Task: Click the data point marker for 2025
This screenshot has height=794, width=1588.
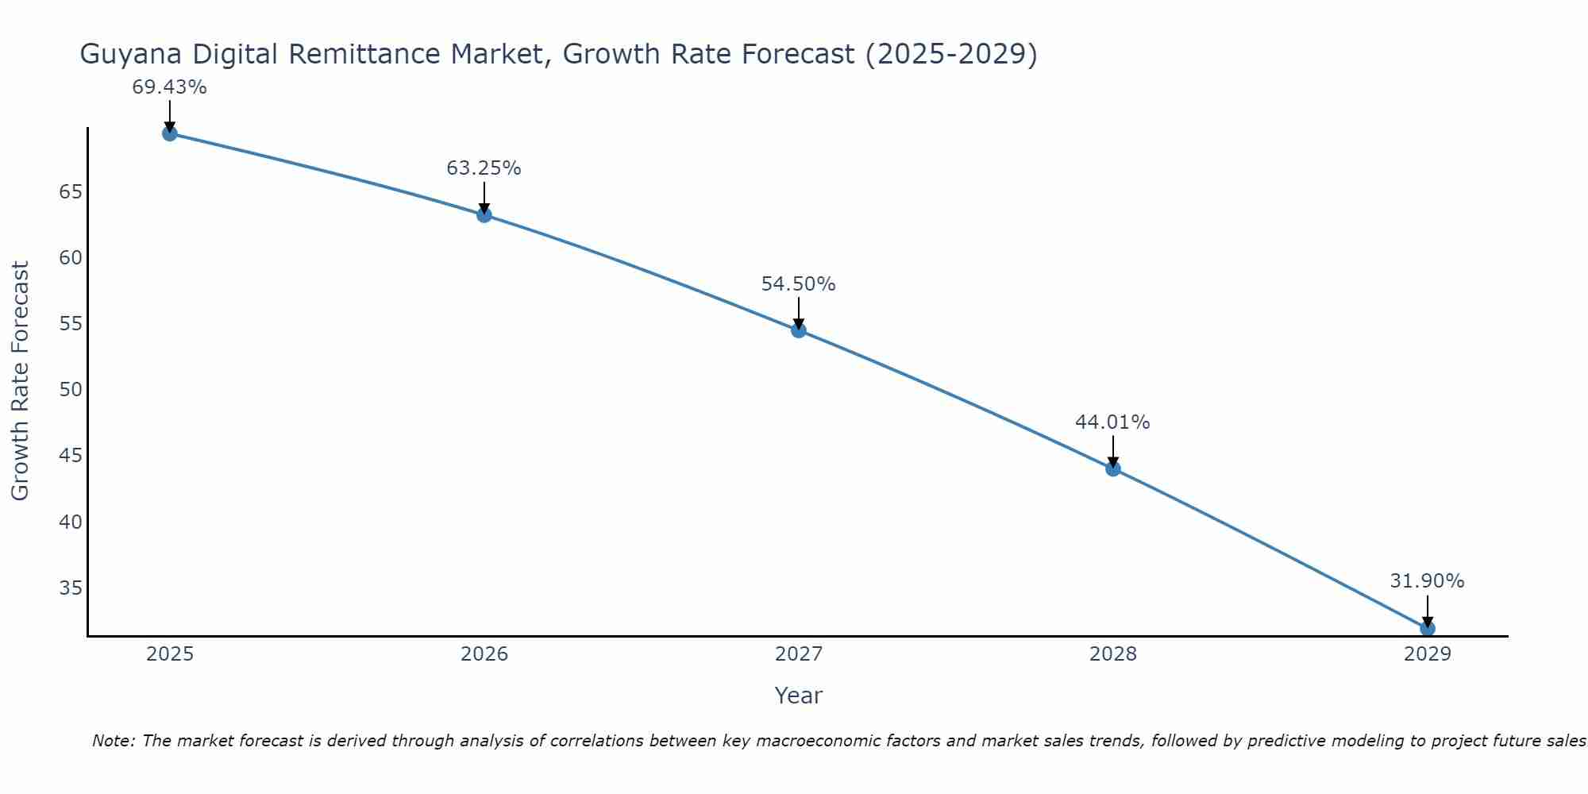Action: tap(169, 133)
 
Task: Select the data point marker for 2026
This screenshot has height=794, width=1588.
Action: tap(484, 214)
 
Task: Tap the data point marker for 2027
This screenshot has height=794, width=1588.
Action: tap(799, 330)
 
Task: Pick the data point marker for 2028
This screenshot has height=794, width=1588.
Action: tap(1113, 468)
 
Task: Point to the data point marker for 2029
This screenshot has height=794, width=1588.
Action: tap(1427, 628)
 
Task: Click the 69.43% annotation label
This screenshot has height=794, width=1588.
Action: tap(169, 87)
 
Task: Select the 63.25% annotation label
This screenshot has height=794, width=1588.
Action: tap(484, 168)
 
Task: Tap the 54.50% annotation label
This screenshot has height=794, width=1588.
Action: tap(798, 284)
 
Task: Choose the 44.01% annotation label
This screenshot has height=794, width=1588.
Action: tap(1112, 422)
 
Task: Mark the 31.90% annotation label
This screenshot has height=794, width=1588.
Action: tap(1427, 581)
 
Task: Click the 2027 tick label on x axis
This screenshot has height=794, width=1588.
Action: tap(799, 654)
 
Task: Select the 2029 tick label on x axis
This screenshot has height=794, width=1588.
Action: tap(1427, 654)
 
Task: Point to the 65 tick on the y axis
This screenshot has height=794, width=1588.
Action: tap(71, 192)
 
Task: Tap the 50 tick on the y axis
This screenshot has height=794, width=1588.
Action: tap(71, 390)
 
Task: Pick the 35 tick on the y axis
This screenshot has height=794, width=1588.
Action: tap(71, 588)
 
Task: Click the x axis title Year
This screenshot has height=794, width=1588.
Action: tap(798, 696)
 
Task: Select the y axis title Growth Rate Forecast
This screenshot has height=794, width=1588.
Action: tap(21, 381)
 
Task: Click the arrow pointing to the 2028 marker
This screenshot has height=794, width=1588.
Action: tap(1113, 451)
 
